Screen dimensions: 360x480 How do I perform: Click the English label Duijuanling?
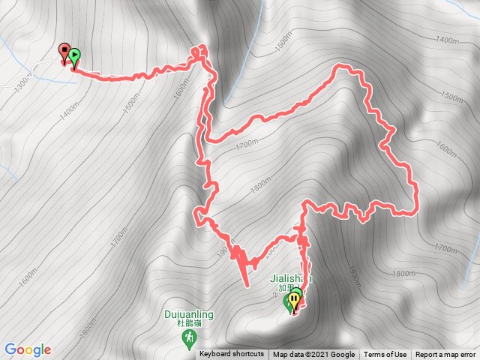tap(187, 316)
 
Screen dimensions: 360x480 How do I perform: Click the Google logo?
tap(28, 349)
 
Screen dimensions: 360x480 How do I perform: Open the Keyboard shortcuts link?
tap(232, 355)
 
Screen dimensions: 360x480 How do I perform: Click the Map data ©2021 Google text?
tap(313, 355)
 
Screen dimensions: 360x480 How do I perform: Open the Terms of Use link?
tap(385, 355)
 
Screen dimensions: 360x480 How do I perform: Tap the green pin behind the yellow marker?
tap(289, 303)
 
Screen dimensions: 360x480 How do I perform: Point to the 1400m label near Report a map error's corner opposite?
tap(445, 39)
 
